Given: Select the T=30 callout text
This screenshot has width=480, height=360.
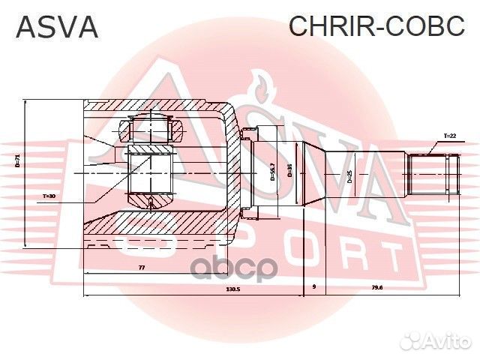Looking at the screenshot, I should [49, 196].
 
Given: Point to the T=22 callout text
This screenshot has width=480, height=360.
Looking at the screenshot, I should [449, 136].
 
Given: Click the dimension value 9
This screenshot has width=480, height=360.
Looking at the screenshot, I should [313, 287].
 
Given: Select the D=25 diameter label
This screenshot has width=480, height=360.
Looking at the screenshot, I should [349, 177].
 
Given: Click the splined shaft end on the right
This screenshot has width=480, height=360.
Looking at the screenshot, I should [433, 174].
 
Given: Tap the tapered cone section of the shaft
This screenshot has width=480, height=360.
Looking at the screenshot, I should [317, 174].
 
